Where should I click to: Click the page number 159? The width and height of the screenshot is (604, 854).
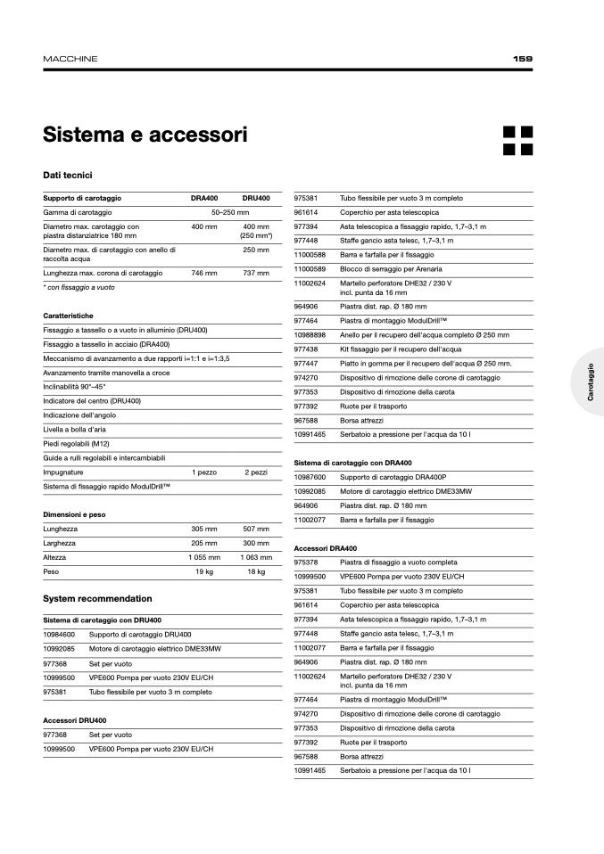523,59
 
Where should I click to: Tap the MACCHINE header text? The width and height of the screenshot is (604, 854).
70,59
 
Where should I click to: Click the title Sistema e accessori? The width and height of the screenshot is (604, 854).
145,135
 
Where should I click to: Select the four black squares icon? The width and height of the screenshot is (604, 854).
517,140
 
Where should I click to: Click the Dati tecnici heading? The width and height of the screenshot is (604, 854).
68,176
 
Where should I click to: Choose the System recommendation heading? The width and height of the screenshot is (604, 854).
97,598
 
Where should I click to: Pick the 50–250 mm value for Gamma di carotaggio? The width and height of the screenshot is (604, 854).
229,213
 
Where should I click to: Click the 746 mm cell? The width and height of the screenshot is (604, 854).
204,272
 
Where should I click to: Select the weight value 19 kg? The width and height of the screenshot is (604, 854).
204,571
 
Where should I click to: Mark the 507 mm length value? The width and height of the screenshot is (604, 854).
256,529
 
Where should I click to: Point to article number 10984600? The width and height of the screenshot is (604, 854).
58,634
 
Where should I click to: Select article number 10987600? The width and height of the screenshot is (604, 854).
309,477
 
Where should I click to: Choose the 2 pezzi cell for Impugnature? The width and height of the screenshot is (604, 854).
256,472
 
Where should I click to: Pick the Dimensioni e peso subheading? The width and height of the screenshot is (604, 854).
74,514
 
